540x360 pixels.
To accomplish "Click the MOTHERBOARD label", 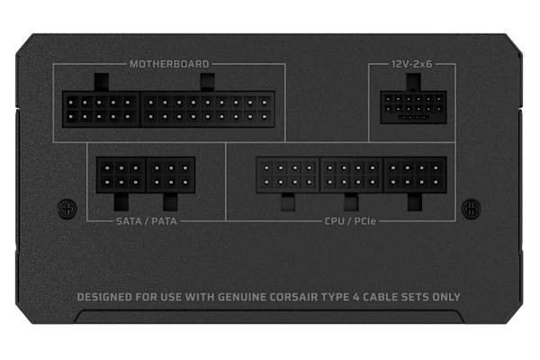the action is [x=169, y=64].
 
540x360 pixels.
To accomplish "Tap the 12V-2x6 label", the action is [x=411, y=64].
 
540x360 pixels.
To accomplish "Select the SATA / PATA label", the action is [x=147, y=221].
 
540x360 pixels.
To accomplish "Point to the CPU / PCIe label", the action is [x=350, y=221].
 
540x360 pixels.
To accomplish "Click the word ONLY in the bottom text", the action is [x=446, y=297].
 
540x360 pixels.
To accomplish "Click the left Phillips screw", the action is [x=67, y=209].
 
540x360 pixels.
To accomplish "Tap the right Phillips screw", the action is [x=471, y=209].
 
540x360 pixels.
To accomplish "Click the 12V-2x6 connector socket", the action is [x=413, y=107].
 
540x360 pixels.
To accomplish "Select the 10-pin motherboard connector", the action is [x=101, y=109].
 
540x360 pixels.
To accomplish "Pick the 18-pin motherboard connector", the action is [x=208, y=109].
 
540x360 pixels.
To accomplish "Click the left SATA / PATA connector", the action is [x=121, y=175].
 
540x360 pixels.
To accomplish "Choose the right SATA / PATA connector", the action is [x=171, y=175].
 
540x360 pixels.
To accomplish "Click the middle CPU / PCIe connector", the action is [x=351, y=175].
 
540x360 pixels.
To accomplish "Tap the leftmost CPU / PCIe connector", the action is [x=288, y=175].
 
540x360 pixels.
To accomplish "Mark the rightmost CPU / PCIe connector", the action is [x=415, y=175].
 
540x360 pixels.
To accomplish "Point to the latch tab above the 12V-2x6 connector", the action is [x=413, y=82].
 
